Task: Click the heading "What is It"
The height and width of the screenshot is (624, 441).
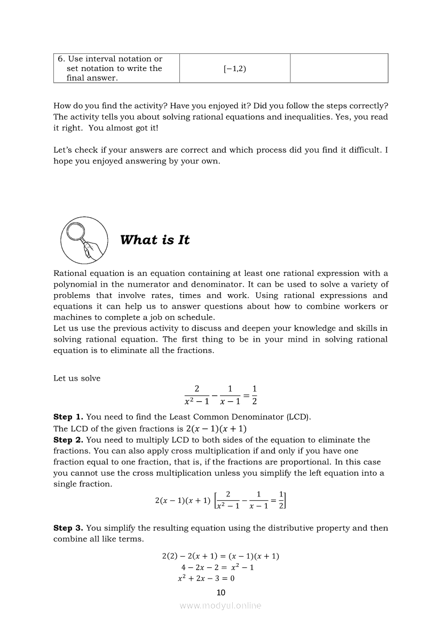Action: [155, 240]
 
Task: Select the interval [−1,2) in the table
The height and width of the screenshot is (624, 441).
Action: [235, 68]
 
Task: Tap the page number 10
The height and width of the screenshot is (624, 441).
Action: [221, 592]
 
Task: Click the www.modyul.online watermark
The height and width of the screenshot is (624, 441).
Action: [220, 605]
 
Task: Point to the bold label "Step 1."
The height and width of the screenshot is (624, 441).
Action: [68, 416]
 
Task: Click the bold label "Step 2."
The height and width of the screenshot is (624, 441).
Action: [68, 440]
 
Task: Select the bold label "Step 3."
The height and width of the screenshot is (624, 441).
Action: [68, 528]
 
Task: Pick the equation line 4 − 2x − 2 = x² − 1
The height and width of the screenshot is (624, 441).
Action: [217, 567]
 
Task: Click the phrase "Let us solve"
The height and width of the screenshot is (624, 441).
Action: [77, 378]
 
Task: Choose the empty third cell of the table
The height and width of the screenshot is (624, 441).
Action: [339, 68]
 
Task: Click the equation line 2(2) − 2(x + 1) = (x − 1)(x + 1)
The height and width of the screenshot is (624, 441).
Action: [220, 556]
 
